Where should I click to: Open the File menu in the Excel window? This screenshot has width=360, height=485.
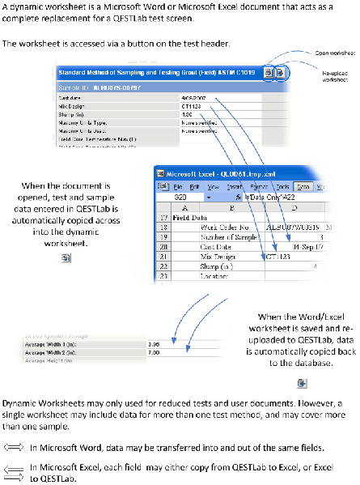[x=188, y=185]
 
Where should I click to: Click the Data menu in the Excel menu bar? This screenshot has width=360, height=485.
[x=304, y=185]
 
